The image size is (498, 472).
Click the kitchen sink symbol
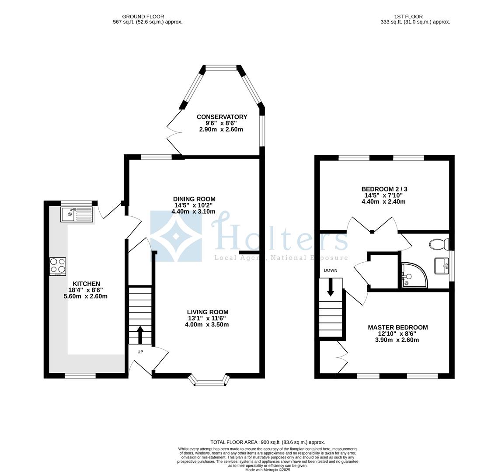click(x=77, y=215)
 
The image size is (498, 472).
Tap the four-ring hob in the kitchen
click(x=57, y=266)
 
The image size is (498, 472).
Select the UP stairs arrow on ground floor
click(x=140, y=335)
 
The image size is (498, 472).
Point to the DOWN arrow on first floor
click(x=331, y=287)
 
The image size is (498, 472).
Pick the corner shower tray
click(x=414, y=275)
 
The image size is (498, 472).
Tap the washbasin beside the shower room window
click(x=442, y=266)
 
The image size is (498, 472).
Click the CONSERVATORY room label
click(x=222, y=117)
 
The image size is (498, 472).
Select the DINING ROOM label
click(x=194, y=199)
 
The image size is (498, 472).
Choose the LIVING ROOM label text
click(x=207, y=312)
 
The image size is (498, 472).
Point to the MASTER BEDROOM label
click(x=397, y=327)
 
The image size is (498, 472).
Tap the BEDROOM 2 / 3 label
click(x=384, y=189)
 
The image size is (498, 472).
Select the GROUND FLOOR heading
click(x=143, y=17)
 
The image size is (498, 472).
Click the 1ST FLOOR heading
click(x=408, y=17)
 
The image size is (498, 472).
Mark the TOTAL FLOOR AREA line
click(x=268, y=442)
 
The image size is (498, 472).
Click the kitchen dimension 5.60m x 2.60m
click(x=85, y=296)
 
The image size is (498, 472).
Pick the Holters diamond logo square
click(x=176, y=236)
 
